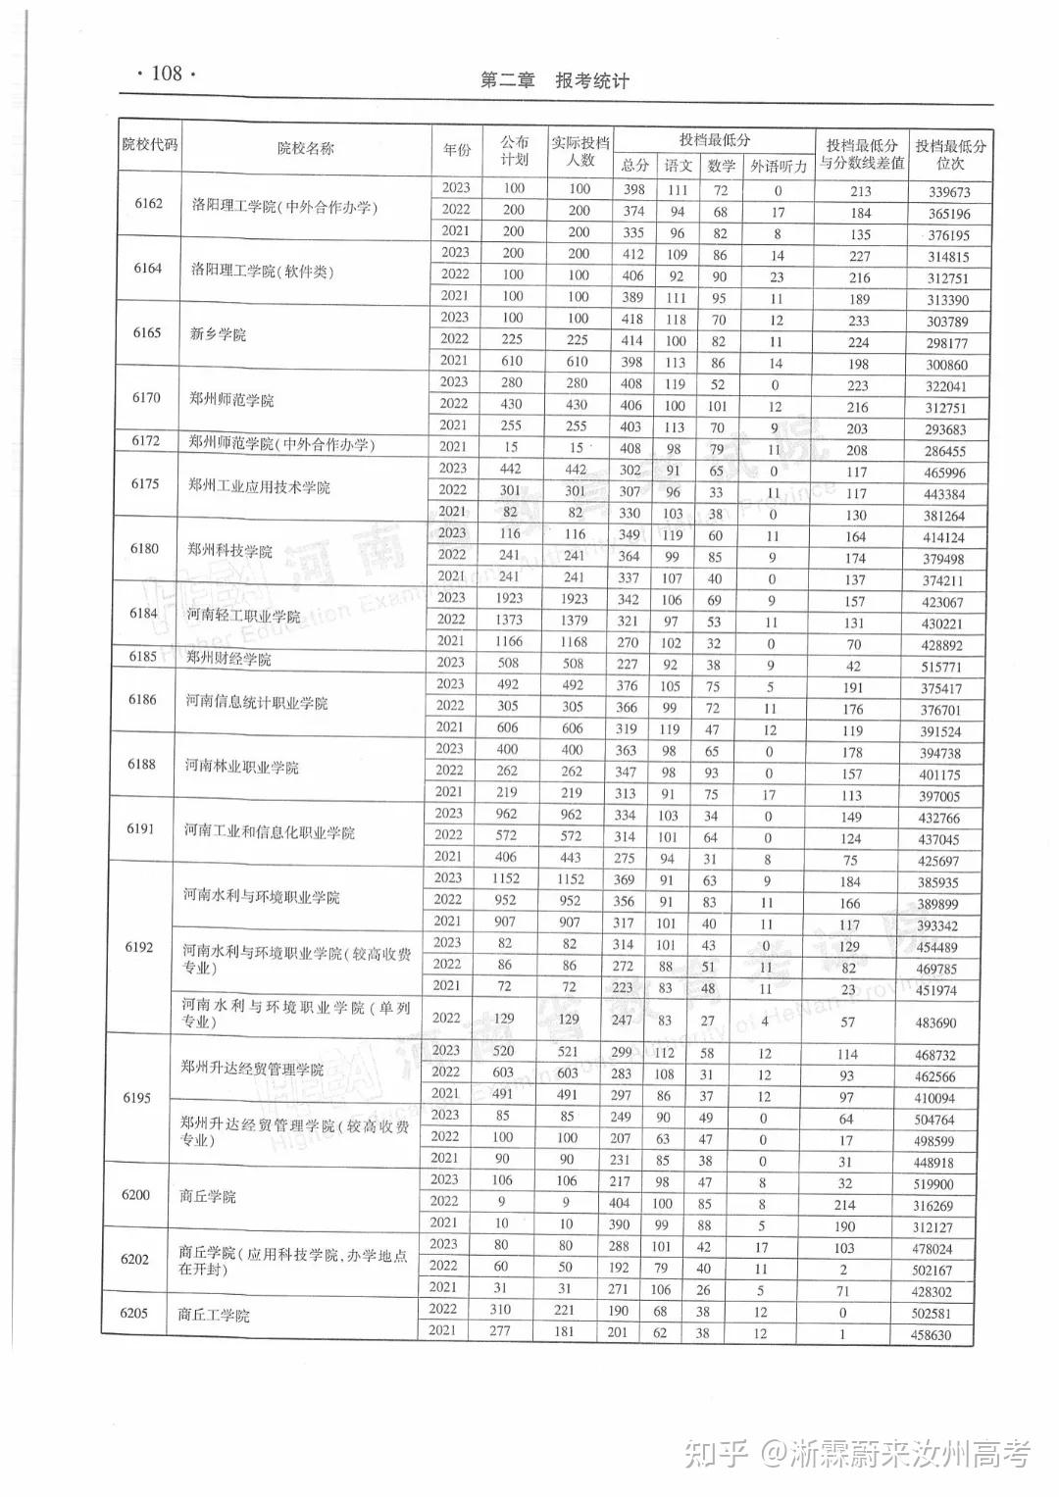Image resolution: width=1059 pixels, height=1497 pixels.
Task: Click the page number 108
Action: [167, 74]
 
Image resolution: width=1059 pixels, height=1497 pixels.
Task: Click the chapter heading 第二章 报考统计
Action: [554, 81]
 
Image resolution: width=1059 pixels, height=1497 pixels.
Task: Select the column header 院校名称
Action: [305, 148]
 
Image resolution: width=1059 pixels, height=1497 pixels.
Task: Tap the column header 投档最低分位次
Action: [950, 154]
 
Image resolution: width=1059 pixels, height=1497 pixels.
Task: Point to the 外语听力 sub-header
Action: [779, 167]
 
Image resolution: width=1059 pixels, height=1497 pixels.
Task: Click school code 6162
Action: [149, 204]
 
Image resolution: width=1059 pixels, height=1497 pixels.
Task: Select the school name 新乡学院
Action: [218, 334]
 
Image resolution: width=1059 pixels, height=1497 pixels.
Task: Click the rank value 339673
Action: [949, 192]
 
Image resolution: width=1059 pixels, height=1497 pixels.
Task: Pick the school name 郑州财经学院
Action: [228, 659]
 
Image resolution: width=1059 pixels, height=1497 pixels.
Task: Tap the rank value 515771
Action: [942, 667]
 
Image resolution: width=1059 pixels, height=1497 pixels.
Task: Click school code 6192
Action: [139, 947]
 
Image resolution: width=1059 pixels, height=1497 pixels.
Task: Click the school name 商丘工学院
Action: [214, 1315]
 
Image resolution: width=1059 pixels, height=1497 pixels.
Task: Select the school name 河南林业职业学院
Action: [241, 767]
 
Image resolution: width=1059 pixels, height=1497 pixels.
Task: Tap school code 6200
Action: [135, 1195]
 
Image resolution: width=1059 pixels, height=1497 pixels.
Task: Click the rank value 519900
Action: [933, 1184]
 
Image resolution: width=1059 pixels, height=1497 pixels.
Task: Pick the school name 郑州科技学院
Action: [229, 551]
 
